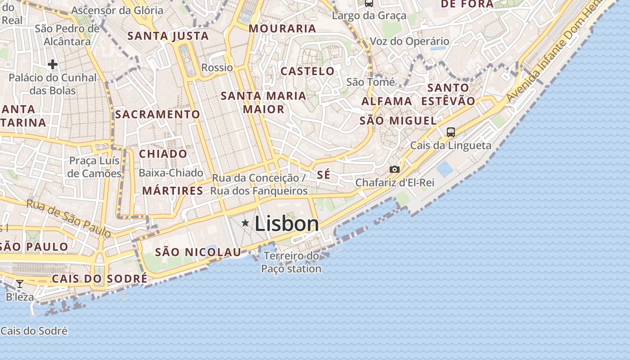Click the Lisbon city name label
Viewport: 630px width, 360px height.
(287, 224)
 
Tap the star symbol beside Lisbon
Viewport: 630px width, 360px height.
(245, 223)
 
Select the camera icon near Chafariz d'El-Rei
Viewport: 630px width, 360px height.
(394, 169)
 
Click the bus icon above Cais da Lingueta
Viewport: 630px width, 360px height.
(450, 132)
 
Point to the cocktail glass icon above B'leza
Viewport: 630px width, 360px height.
(20, 284)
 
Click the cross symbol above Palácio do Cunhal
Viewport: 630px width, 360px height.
(53, 64)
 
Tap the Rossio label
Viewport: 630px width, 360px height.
(217, 67)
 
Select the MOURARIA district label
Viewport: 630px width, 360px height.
(282, 28)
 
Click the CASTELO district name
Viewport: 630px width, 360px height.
(307, 71)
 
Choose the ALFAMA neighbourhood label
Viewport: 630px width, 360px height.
(387, 101)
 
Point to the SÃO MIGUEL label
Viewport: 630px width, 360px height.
(398, 121)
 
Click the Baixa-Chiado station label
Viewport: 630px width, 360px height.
(171, 173)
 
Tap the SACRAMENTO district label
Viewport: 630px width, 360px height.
(157, 114)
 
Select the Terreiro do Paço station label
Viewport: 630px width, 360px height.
(291, 262)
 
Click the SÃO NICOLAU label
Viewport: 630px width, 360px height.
(198, 252)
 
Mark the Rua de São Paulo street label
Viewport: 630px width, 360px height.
(68, 218)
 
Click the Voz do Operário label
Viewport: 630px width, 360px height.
(409, 41)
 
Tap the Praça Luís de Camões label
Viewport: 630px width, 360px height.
(94, 167)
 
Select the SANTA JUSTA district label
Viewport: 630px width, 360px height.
(168, 36)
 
